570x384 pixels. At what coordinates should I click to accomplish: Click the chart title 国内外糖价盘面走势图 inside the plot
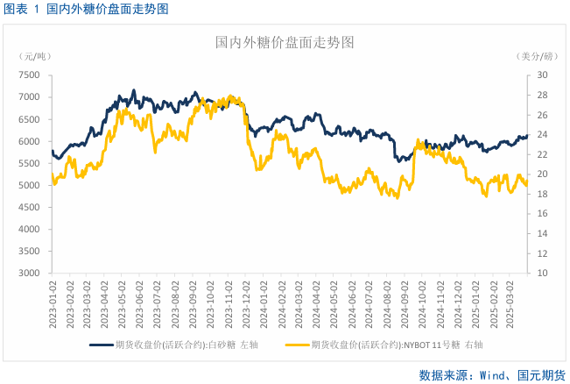(285, 42)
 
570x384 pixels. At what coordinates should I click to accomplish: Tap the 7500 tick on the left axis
(28, 75)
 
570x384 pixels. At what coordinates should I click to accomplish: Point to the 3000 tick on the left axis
(28, 273)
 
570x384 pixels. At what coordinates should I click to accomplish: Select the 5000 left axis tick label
(28, 185)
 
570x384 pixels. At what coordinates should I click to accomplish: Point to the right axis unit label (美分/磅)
(536, 57)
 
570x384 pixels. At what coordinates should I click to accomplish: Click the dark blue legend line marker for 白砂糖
(102, 345)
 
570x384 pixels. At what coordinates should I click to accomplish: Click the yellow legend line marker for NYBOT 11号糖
(298, 345)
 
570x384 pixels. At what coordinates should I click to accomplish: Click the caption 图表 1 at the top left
(23, 9)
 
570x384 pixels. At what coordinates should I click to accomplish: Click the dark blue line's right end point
(528, 135)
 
